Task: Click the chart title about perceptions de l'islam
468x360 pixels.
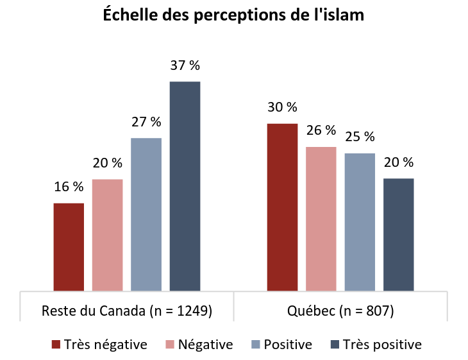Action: click(234, 15)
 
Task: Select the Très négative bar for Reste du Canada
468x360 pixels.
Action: click(69, 246)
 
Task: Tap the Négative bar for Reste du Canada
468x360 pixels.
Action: click(107, 235)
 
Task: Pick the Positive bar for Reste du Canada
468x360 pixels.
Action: click(146, 214)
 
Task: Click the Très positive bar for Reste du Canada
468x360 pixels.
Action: click(185, 186)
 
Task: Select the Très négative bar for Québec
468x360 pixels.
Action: click(282, 207)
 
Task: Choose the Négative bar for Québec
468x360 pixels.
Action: click(321, 218)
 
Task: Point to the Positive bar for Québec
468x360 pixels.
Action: click(360, 221)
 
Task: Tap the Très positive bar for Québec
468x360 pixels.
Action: click(398, 234)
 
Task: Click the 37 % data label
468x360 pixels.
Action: click(185, 65)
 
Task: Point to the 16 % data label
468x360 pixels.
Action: click(69, 187)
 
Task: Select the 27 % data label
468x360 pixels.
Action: click(146, 122)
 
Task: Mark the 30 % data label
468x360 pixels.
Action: click(282, 107)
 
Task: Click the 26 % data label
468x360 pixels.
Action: click(321, 130)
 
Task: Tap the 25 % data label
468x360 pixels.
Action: click(360, 137)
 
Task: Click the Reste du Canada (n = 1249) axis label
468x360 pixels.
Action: click(127, 311)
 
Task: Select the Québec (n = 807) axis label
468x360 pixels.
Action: click(340, 311)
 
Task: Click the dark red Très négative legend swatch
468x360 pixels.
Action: click(56, 345)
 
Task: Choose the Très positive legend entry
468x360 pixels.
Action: click(381, 345)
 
